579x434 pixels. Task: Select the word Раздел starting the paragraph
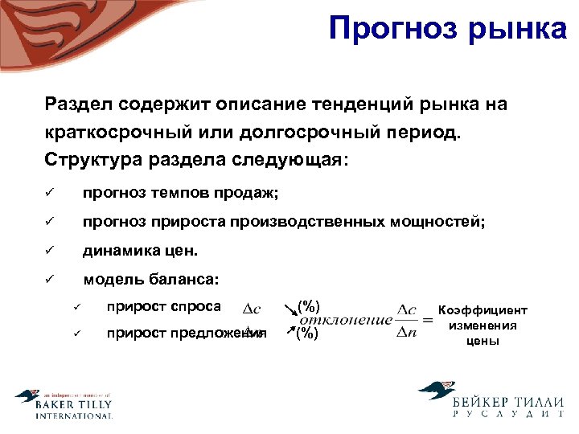79,104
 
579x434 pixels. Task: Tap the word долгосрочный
306,131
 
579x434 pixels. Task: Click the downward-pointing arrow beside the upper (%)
287,307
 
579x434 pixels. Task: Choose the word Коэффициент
482,310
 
